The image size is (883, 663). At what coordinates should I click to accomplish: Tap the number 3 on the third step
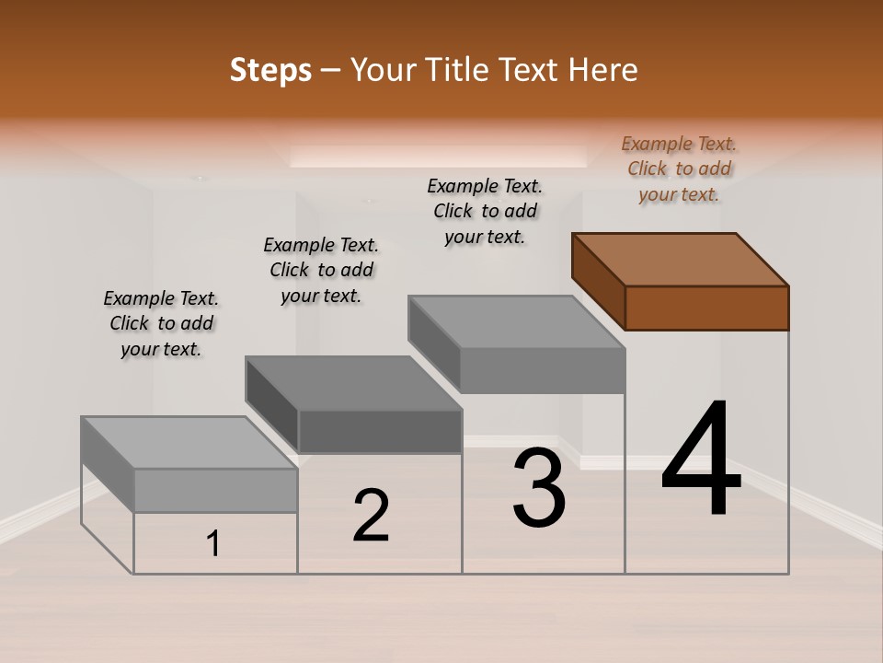click(x=539, y=488)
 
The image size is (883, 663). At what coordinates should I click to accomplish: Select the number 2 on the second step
click(x=372, y=516)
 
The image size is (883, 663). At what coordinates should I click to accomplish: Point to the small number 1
click(x=213, y=544)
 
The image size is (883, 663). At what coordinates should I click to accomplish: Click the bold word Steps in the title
click(x=270, y=70)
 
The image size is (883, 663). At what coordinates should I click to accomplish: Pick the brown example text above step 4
click(x=679, y=169)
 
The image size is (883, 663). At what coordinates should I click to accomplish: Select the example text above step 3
click(x=485, y=211)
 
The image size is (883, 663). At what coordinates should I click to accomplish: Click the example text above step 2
click(x=321, y=270)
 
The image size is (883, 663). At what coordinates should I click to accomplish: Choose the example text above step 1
click(x=161, y=323)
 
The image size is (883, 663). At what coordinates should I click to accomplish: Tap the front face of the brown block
click(x=706, y=308)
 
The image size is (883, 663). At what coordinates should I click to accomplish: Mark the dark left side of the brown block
click(x=598, y=281)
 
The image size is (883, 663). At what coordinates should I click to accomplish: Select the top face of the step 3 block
click(x=516, y=321)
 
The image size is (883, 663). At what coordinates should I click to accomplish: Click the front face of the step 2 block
click(x=380, y=431)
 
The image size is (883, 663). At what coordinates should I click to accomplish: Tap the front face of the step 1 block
click(x=216, y=490)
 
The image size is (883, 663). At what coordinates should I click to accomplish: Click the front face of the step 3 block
click(x=543, y=370)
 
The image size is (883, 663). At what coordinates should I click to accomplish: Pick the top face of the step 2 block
click(x=353, y=382)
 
